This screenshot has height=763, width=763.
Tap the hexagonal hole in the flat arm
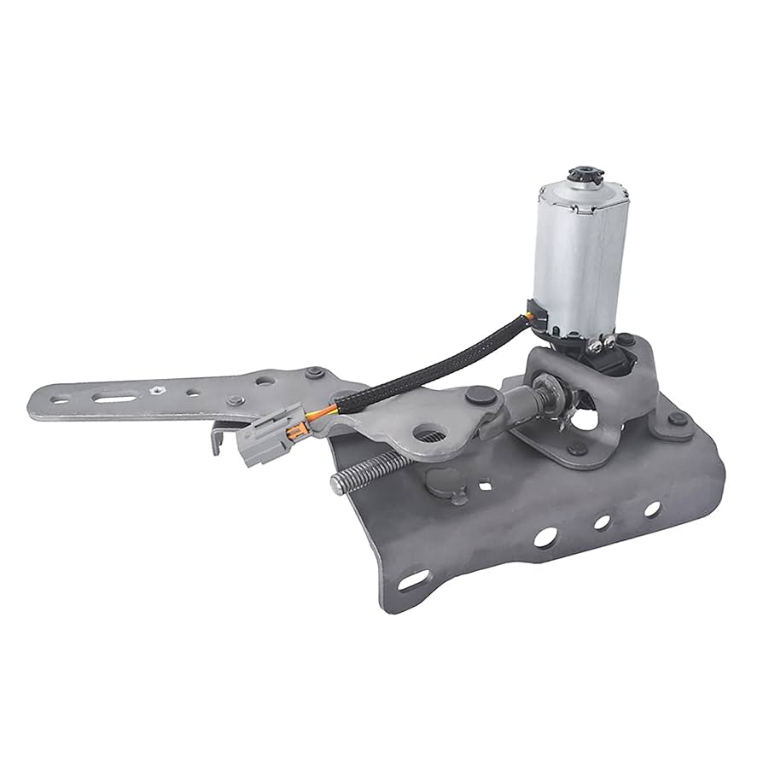pos(157,390)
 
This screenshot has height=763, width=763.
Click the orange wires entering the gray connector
pos(298,423)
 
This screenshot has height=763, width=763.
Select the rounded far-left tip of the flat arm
pos(36,400)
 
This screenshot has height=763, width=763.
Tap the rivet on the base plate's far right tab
pos(677,419)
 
